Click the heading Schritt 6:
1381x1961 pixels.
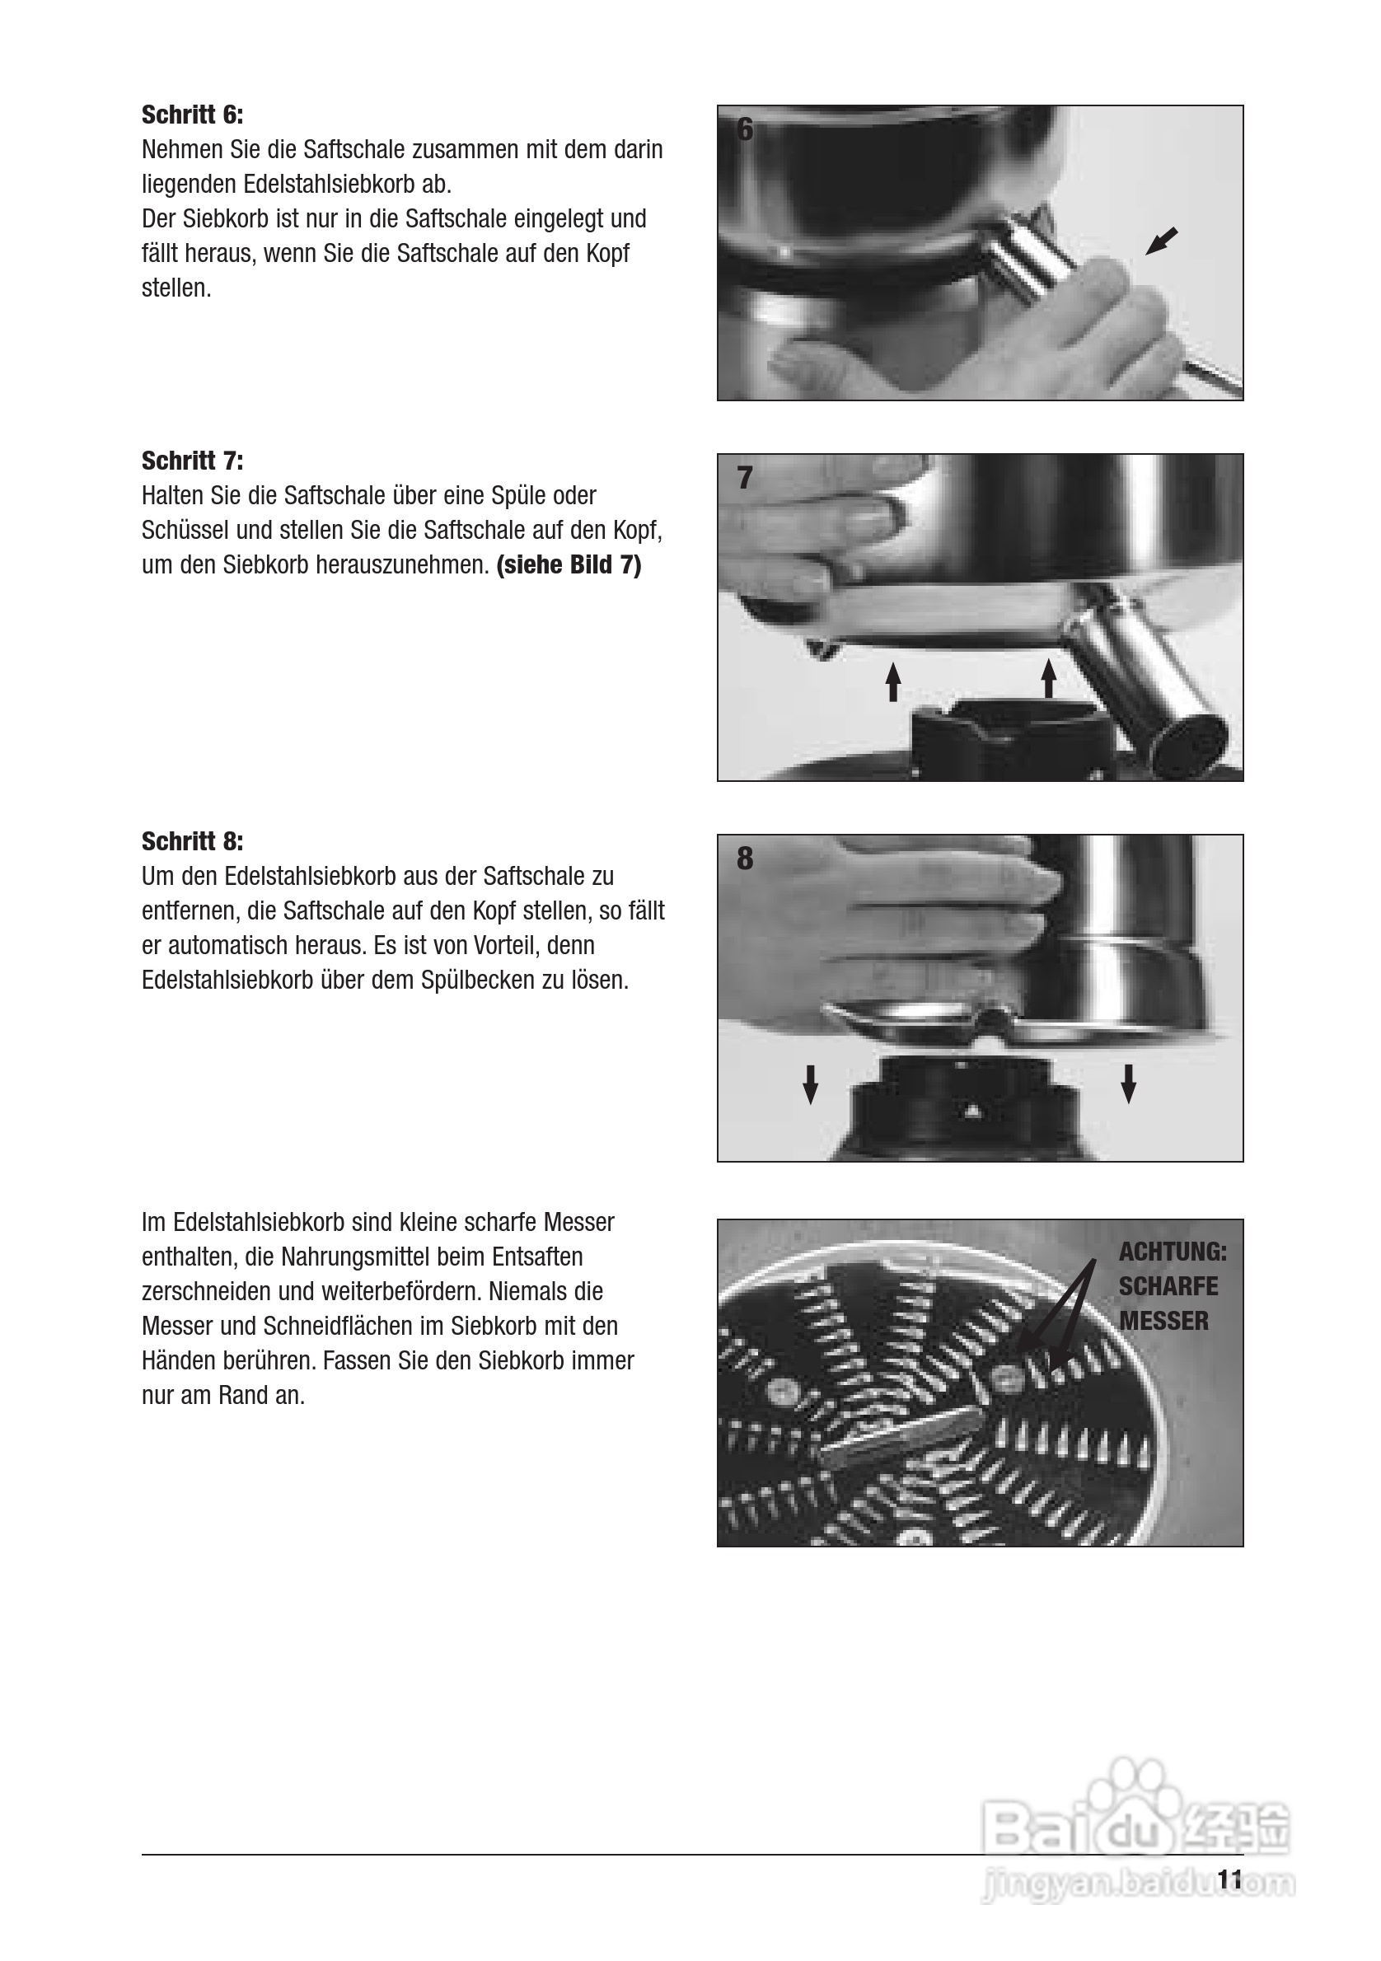click(192, 115)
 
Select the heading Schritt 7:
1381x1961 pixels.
click(192, 461)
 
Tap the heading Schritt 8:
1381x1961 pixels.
click(192, 841)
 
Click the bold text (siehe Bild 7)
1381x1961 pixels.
click(569, 565)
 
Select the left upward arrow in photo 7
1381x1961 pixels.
click(893, 681)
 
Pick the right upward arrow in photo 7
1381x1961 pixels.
click(1049, 678)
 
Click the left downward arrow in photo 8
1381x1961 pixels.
click(811, 1084)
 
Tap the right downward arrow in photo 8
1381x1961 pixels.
click(1128, 1083)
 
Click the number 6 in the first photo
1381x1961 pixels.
click(745, 130)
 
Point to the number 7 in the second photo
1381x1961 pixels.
click(745, 478)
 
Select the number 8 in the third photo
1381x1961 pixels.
click(745, 859)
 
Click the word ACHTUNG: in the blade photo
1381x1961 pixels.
click(1173, 1252)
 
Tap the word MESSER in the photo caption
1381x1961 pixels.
click(1163, 1322)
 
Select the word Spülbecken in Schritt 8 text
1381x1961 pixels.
click(475, 980)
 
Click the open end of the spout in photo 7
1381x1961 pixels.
click(1189, 742)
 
